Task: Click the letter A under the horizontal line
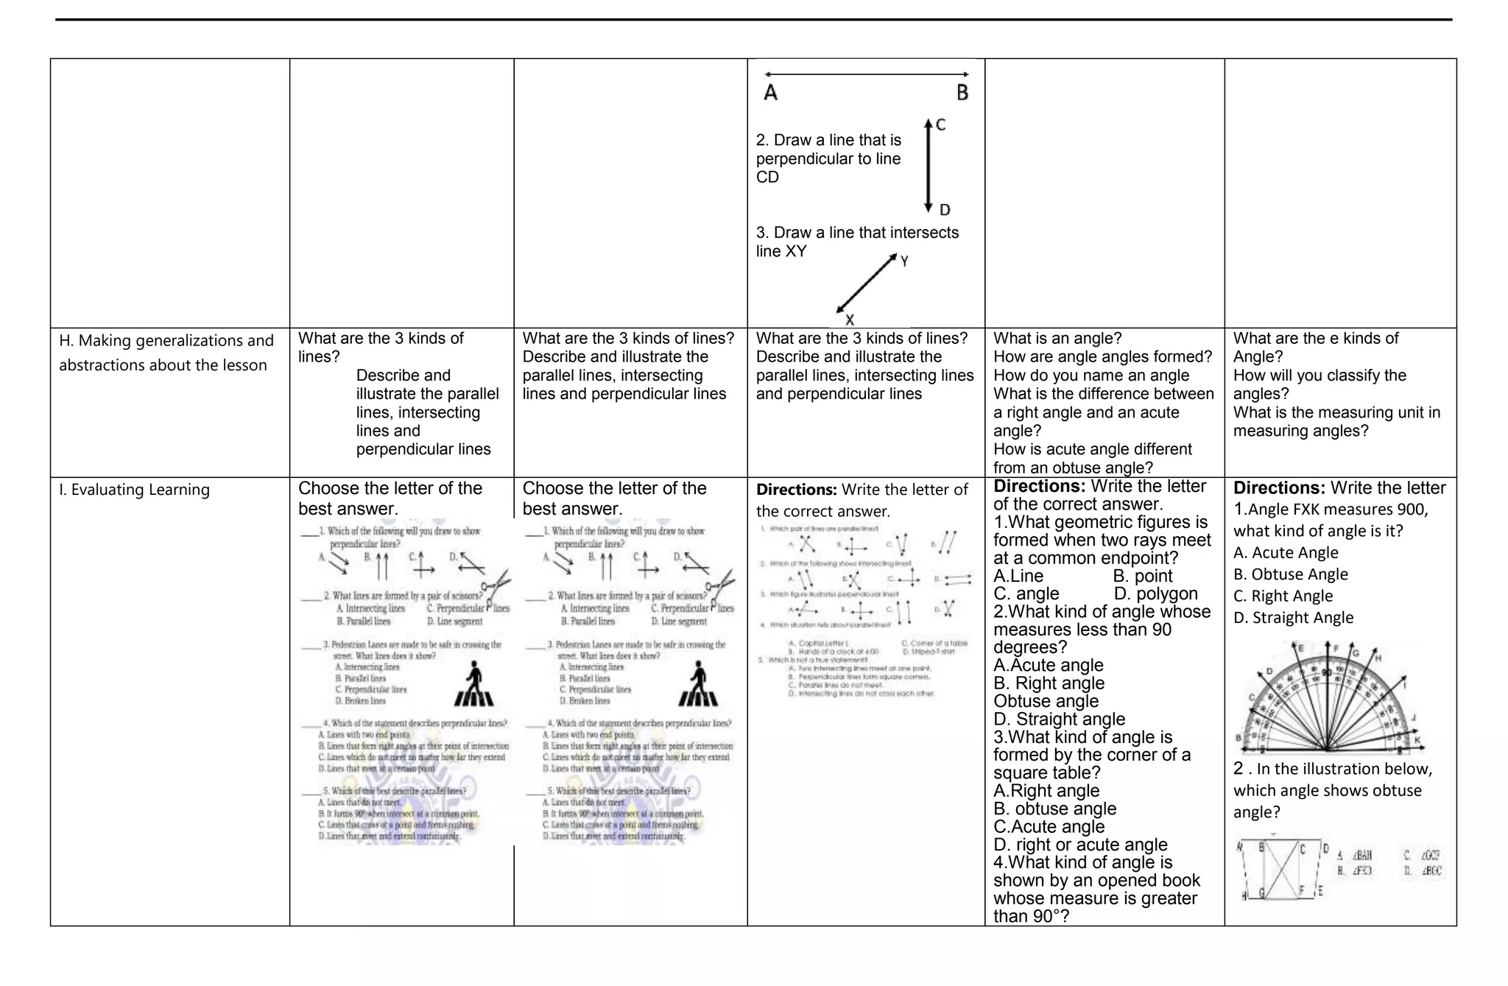771,93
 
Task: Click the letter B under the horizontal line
962,93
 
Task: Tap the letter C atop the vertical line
941,125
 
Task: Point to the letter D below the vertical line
945,211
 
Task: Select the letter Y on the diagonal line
904,261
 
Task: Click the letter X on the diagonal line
850,320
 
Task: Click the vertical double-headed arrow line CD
929,166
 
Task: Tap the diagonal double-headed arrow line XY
867,284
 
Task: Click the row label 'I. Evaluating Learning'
134,490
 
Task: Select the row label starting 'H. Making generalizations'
166,353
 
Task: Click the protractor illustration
1330,700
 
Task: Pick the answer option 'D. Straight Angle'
1293,617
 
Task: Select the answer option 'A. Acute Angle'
1286,552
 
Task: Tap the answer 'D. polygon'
1155,594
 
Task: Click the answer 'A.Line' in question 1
1018,576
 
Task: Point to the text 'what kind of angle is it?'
1318,531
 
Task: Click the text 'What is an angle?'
1057,338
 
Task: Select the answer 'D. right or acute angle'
1080,845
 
